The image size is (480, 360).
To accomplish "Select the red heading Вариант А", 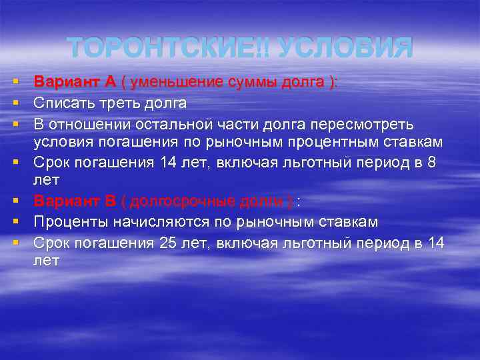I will click(x=75, y=82).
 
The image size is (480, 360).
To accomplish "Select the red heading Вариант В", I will click(x=75, y=202).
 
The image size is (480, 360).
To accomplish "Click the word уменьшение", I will click(x=175, y=82).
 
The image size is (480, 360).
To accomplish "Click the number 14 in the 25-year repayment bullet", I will click(x=436, y=242).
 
